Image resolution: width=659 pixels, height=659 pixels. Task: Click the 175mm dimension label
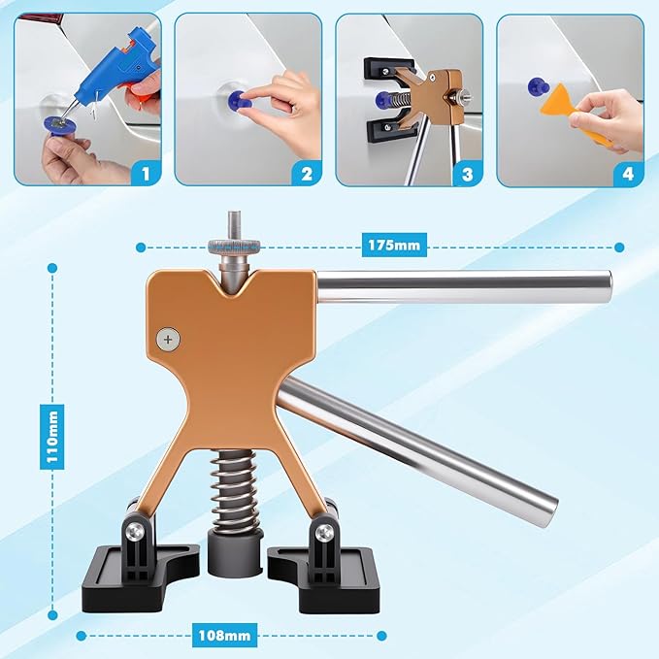tap(394, 245)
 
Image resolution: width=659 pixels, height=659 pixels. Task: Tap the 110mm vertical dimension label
tap(52, 437)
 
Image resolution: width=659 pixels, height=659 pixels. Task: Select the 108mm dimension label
tap(224, 635)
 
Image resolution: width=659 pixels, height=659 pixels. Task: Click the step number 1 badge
tap(146, 173)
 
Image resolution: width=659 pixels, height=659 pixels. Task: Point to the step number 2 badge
tap(307, 173)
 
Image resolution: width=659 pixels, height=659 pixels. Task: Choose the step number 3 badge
tap(468, 174)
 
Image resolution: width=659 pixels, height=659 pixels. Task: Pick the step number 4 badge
tap(628, 174)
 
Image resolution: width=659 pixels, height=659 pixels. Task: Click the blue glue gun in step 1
tap(113, 71)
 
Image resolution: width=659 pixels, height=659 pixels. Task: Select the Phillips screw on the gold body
tap(168, 339)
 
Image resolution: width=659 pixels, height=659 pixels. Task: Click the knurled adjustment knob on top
tap(233, 245)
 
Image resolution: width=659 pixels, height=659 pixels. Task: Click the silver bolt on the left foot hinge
tap(136, 531)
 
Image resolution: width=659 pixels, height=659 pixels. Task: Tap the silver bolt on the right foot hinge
tap(323, 532)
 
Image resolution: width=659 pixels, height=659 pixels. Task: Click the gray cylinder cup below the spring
tap(235, 554)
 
